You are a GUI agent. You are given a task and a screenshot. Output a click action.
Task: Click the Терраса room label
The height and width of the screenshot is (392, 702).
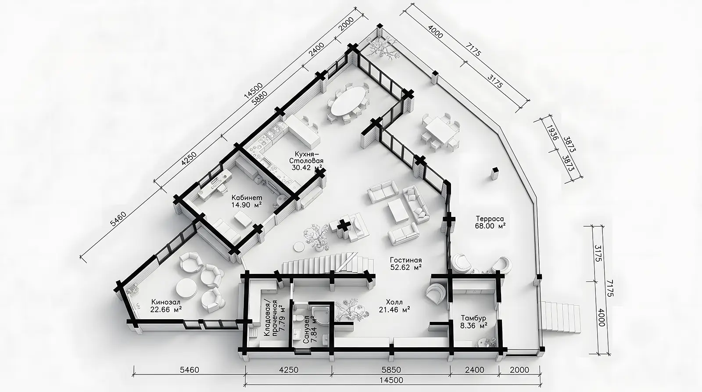pos(490,219)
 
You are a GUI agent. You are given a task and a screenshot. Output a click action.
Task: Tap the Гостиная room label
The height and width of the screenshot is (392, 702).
pos(406,260)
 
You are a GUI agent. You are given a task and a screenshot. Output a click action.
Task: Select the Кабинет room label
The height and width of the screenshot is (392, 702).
pos(247,198)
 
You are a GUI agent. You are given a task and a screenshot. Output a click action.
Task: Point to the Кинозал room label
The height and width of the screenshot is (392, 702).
pos(166,302)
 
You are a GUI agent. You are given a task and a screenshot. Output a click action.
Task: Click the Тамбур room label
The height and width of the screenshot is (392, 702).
pos(473,318)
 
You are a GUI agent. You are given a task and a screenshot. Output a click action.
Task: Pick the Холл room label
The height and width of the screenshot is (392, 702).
pos(394,302)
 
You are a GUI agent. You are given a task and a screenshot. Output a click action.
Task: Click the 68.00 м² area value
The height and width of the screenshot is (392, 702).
pos(490,226)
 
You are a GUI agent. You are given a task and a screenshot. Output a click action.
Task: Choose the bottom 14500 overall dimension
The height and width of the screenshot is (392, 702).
pos(391,381)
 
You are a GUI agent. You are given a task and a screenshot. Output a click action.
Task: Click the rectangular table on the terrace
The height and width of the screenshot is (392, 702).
pos(441,129)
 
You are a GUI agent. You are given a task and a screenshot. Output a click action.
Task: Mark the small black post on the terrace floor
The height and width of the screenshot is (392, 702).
pos(494,173)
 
